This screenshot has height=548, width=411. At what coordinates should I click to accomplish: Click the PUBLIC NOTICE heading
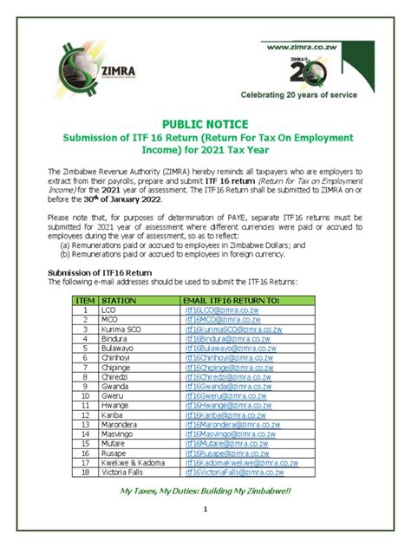[205, 125]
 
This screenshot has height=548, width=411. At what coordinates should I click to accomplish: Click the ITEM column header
[85, 299]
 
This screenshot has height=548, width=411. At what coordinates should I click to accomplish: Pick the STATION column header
[120, 299]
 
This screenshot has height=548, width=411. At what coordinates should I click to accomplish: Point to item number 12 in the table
[85, 415]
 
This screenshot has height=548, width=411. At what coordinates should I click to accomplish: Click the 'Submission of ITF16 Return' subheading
[92, 272]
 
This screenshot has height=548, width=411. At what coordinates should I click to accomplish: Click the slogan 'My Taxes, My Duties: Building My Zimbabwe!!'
[205, 492]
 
